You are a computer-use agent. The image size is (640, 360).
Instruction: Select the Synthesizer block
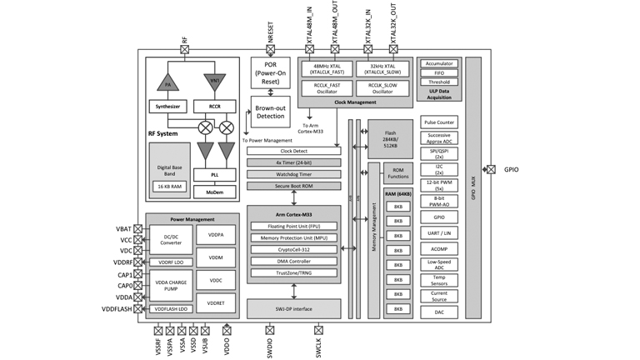point(167,107)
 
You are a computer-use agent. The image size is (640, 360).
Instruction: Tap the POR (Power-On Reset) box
point(270,73)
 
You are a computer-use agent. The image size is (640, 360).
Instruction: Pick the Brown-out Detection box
point(270,112)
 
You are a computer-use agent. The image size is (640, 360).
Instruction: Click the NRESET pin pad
point(270,50)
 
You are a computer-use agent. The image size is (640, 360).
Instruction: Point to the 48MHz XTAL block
point(327,70)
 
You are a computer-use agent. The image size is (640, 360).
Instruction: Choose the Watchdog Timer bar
point(293,173)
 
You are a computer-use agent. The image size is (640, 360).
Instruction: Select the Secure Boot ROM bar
point(293,186)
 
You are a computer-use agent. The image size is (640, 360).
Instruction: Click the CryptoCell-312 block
point(293,249)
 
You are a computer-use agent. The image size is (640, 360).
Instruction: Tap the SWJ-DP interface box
point(293,308)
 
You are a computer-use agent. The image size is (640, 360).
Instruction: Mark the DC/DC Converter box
point(170,240)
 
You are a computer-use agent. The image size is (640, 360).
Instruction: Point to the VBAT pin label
point(123,228)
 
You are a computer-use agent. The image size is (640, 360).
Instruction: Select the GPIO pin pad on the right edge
point(490,169)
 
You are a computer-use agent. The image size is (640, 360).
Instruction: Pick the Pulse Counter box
point(439,122)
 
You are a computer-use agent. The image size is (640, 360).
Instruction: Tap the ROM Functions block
point(398,174)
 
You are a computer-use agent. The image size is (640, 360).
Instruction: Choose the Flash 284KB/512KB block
point(390,139)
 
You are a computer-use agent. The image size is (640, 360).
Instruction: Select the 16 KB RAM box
point(169,186)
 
